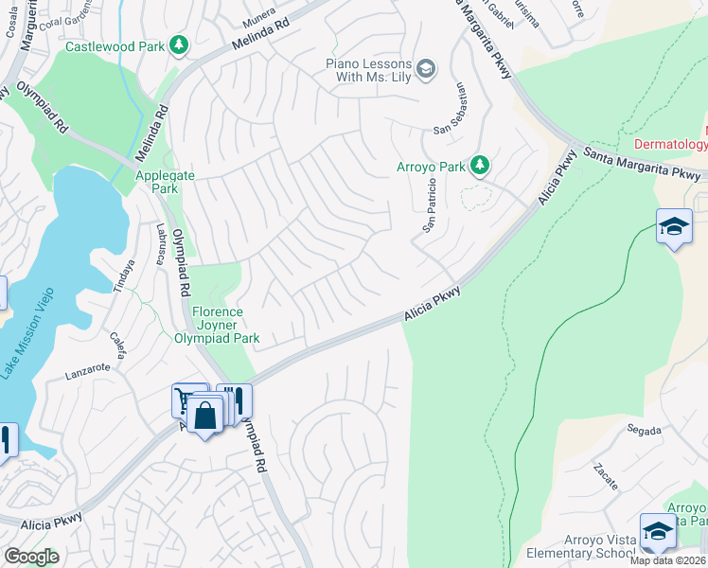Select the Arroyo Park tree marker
pos(480,167)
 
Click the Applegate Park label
pos(156,182)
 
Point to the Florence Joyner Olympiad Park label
pos(218,325)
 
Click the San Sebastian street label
pos(452,108)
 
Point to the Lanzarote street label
pos(88,374)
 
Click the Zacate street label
pos(605,476)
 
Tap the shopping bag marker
pos(204,414)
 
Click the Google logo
pos(30,556)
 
